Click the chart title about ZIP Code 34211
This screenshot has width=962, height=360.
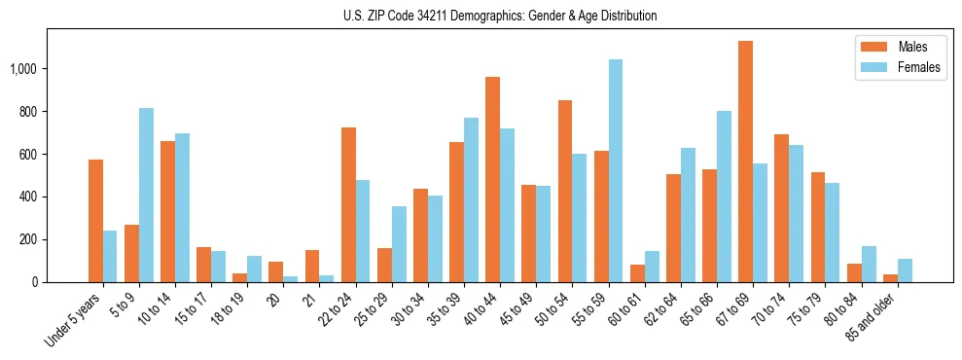tap(500, 16)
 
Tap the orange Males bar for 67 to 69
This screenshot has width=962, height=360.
tap(745, 162)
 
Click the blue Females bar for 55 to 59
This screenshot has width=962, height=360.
tap(616, 171)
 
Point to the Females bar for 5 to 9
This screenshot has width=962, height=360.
tap(146, 196)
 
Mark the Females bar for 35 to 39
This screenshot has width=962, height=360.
tap(471, 200)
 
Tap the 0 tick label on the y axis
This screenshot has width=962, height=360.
tap(33, 282)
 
